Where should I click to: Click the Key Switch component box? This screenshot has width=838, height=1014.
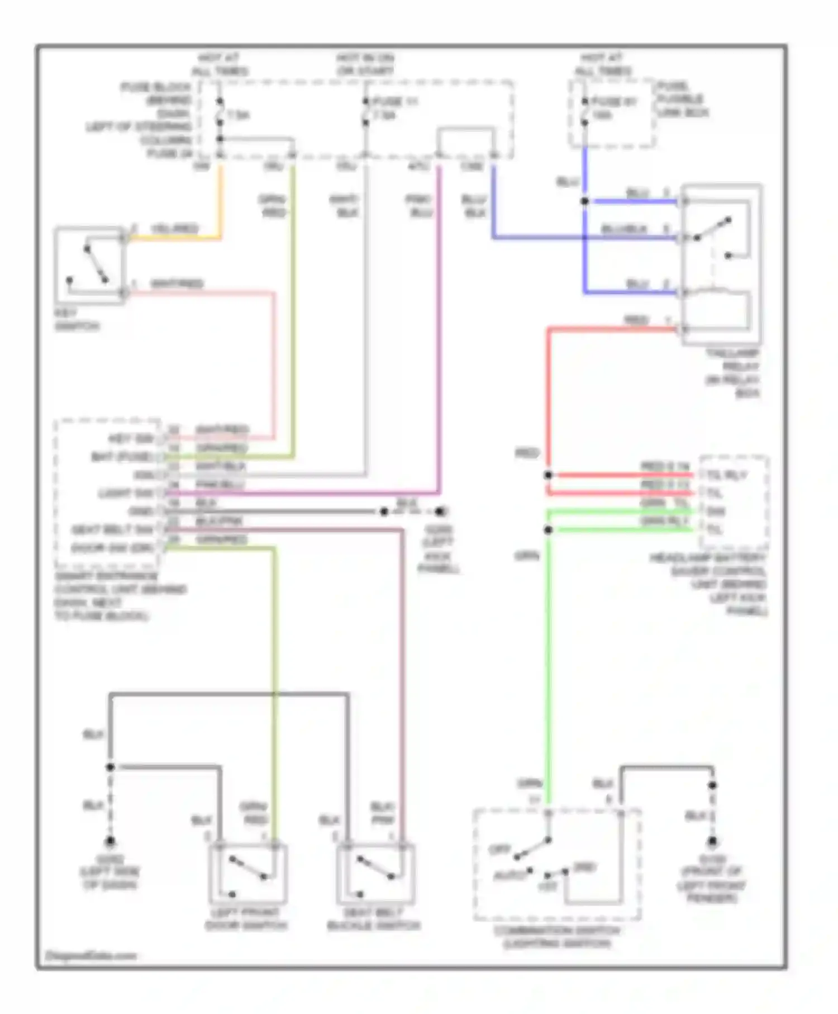(89, 265)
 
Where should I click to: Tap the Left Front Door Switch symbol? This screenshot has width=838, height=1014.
(248, 874)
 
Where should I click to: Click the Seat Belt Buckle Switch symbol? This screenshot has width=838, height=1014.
(375, 874)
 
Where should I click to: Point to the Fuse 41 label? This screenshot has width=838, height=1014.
(614, 102)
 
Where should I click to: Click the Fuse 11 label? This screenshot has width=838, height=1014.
(396, 102)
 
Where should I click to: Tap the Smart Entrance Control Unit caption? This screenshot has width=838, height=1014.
(120, 596)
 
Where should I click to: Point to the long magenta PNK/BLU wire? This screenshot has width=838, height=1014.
(439, 335)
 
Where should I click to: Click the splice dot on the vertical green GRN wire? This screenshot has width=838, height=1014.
(548, 529)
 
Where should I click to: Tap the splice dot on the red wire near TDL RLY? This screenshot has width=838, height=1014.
(548, 475)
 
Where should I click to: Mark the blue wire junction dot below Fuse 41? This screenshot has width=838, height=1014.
(584, 201)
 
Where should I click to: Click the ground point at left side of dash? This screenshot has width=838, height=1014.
(110, 841)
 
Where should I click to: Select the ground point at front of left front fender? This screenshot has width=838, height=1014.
(712, 841)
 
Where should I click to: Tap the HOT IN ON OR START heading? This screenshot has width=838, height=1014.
(365, 64)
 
